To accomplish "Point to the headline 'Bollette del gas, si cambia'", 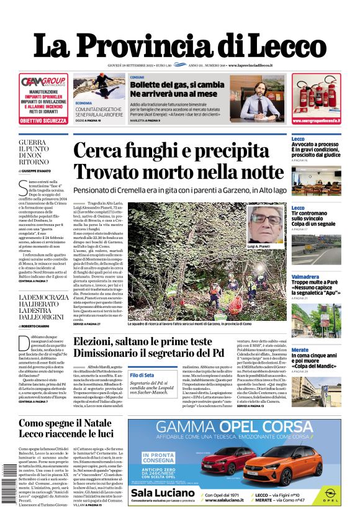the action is coord(177,84).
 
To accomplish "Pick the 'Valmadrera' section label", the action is coord(305,276).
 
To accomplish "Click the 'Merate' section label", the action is coord(300,349).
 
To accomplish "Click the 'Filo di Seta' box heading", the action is coord(142,375).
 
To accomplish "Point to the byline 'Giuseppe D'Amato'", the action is coord(45,170).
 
